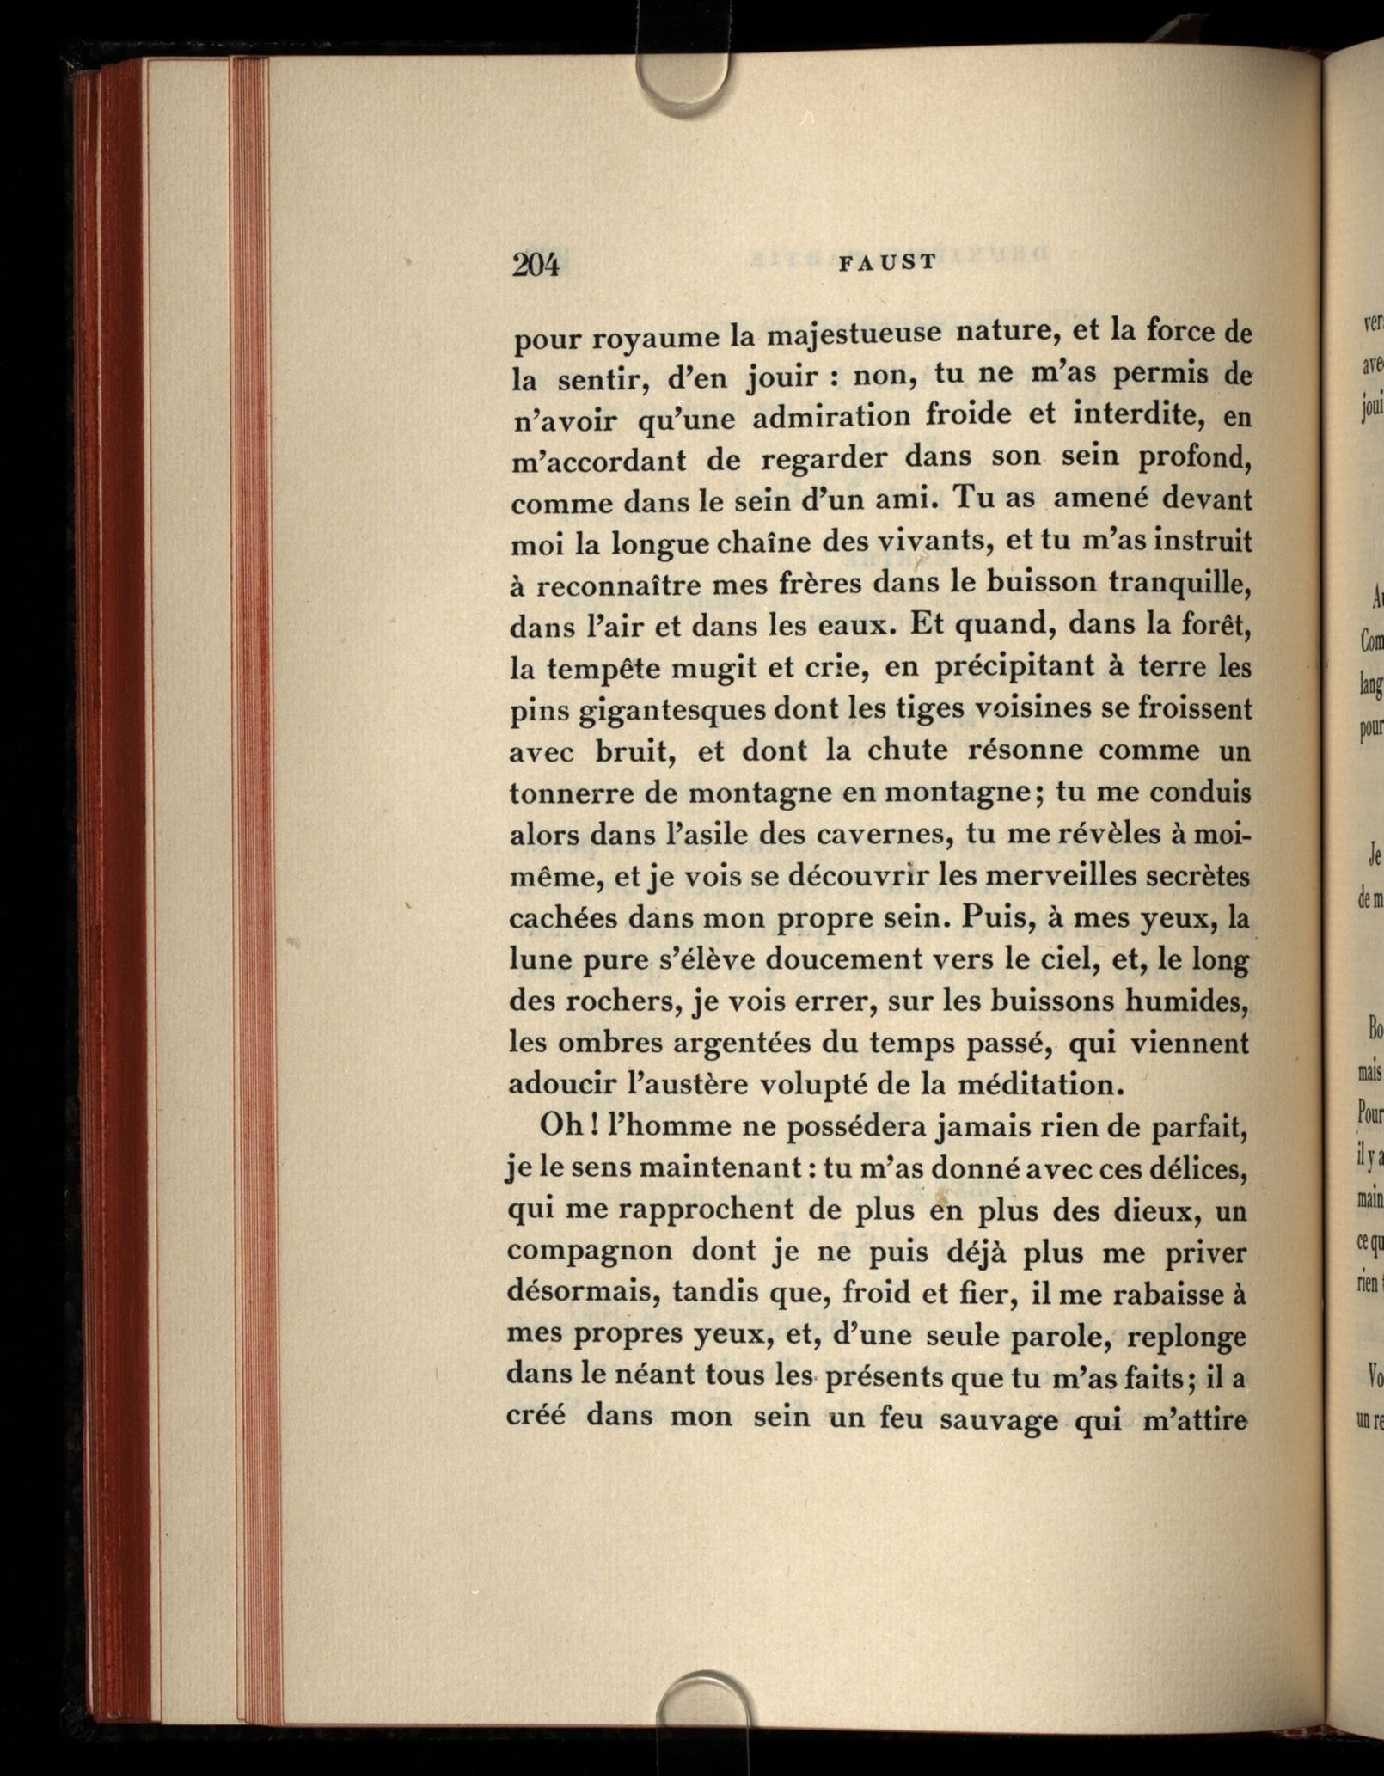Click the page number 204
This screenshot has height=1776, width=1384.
click(536, 265)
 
